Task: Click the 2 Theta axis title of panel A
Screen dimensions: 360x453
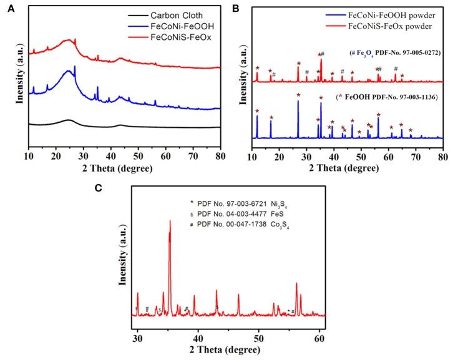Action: tap(124, 163)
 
